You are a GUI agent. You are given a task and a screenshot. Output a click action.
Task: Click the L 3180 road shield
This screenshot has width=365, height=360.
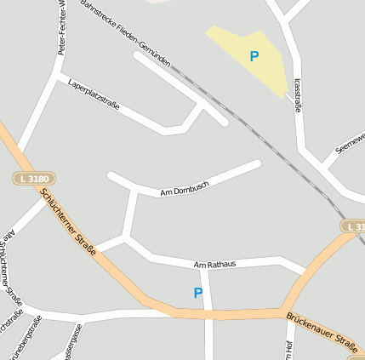point(35,179)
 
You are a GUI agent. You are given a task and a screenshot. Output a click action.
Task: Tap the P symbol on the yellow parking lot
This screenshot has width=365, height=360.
point(254,57)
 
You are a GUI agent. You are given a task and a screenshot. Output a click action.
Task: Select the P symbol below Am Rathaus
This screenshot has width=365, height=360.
point(198,293)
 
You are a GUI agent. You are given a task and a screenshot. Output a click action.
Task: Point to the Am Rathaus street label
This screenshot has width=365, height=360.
point(214,265)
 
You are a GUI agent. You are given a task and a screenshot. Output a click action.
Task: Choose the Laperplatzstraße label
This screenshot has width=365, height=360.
point(94,94)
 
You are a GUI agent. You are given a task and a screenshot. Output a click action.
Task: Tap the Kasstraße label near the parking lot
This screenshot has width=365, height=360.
point(297,95)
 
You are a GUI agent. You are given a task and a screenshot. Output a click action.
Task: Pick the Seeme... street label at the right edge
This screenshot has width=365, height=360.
point(350,142)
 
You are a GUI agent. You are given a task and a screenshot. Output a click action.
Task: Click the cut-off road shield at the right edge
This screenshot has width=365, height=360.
point(355,226)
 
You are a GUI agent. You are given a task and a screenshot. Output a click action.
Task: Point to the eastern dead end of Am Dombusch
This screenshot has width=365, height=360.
point(256,163)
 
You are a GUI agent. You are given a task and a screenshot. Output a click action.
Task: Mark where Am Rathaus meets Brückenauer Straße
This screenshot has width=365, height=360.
point(303,273)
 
